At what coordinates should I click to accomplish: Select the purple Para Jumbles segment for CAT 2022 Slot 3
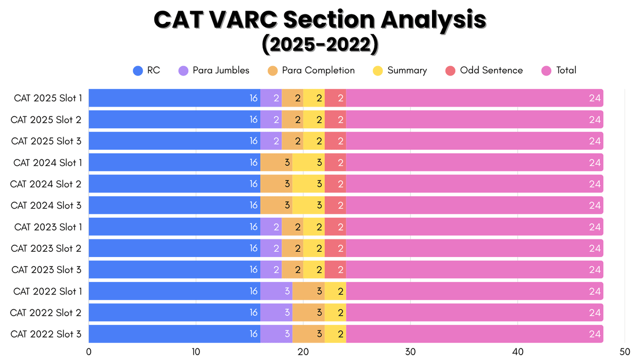[x=276, y=334]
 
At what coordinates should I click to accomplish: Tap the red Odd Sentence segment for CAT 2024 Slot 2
[x=335, y=184]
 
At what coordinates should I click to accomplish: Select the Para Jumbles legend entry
[x=213, y=70]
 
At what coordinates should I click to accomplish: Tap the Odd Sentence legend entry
[x=484, y=70]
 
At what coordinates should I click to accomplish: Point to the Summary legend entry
[x=399, y=70]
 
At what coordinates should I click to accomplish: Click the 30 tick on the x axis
[x=410, y=352]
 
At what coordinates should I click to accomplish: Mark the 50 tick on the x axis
[x=625, y=352]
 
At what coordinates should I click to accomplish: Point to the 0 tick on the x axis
[x=89, y=352]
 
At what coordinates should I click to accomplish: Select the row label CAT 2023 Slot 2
[x=46, y=248]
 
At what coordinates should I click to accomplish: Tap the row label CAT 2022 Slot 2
[x=46, y=313]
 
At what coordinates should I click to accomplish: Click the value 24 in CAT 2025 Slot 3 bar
[x=595, y=141]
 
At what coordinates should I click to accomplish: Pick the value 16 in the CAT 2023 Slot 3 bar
[x=253, y=270]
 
